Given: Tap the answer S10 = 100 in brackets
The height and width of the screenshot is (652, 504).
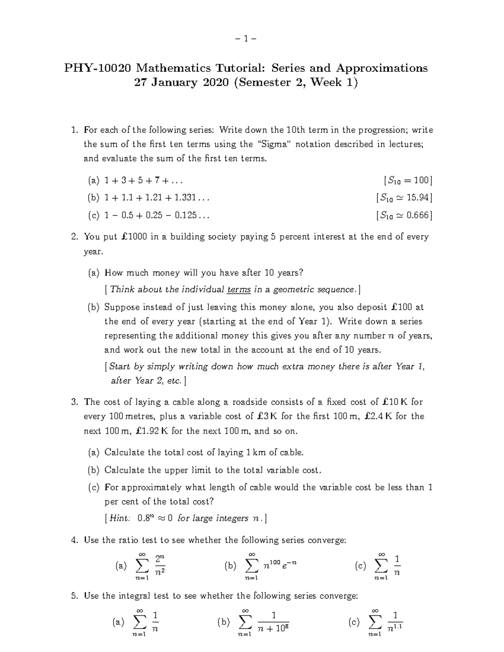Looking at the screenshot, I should pyautogui.click(x=407, y=181).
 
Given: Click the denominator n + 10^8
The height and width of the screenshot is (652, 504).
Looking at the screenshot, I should pyautogui.click(x=273, y=628).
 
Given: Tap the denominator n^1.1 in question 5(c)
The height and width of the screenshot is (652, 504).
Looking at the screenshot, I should pyautogui.click(x=395, y=628).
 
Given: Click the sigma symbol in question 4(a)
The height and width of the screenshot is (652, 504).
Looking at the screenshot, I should pyautogui.click(x=142, y=566).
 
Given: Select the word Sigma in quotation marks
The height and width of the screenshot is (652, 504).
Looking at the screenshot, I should pyautogui.click(x=273, y=144).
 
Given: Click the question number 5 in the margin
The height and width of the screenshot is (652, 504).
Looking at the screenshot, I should pyautogui.click(x=74, y=596).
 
